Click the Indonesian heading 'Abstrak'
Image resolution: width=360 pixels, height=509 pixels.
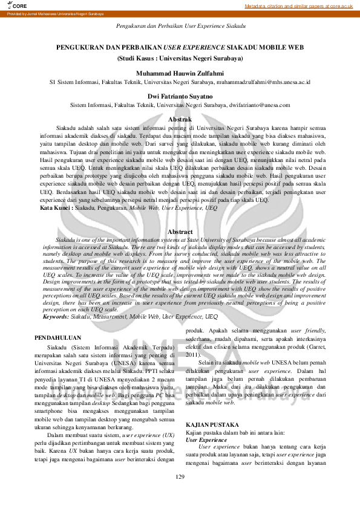[180, 120]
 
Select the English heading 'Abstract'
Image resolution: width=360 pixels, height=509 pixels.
[180, 232]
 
